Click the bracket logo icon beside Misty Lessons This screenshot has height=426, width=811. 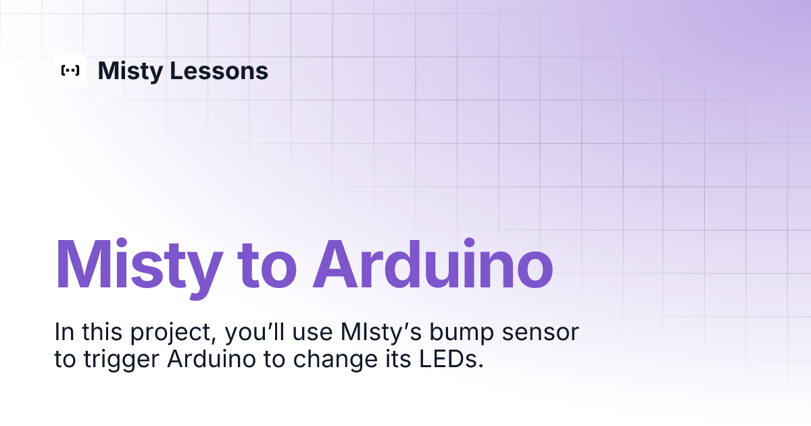70,70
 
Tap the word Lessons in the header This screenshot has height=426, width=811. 219,70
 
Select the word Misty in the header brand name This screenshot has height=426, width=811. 130,72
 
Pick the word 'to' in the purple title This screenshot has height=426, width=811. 267,266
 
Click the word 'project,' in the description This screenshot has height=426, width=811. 173,333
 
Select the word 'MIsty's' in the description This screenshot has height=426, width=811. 381,333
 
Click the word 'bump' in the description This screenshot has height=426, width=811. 462,333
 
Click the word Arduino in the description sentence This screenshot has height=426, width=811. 212,359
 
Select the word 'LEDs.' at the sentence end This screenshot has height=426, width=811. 451,359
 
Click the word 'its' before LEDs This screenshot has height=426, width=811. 398,359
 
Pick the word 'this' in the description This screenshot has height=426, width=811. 102,332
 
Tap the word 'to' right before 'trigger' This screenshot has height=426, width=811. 65,360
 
